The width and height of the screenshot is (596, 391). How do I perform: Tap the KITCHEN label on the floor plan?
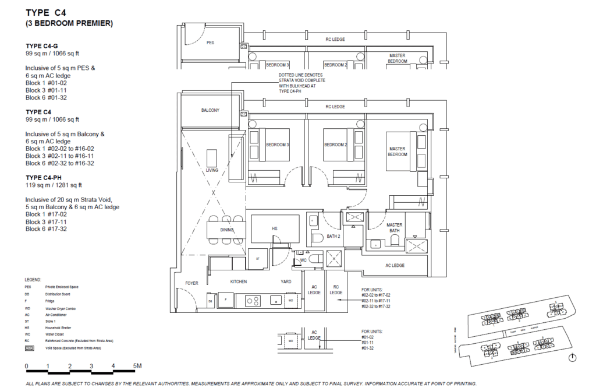tap(238, 281)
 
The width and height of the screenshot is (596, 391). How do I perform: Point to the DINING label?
tap(226, 230)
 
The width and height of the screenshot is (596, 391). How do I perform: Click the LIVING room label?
tap(212, 170)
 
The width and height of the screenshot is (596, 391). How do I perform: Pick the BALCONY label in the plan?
tap(210, 110)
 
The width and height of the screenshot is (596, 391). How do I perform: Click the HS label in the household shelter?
tap(274, 230)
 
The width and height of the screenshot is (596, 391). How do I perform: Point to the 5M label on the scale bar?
tap(137, 366)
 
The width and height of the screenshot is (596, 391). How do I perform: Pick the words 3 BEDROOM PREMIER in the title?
tap(69, 24)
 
